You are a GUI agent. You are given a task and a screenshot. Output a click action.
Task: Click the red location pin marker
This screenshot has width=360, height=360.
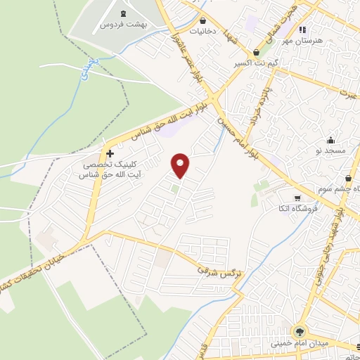pos(181,165)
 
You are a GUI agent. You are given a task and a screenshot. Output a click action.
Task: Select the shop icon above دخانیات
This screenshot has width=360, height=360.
pos(203,21)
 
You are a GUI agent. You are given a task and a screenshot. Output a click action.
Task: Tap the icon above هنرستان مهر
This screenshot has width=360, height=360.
pos(302,30)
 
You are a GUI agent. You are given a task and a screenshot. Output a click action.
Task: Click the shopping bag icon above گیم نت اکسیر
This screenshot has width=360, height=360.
pos(255,53)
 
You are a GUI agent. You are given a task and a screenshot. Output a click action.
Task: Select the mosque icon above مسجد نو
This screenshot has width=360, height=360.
pos(330,140)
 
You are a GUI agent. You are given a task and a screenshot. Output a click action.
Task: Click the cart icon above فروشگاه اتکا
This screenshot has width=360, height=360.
pos(299,198)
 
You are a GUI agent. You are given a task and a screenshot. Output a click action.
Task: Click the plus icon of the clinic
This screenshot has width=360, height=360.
pos(109,153)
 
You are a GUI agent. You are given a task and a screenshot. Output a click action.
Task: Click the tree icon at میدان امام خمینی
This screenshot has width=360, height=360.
pos(300,331)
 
